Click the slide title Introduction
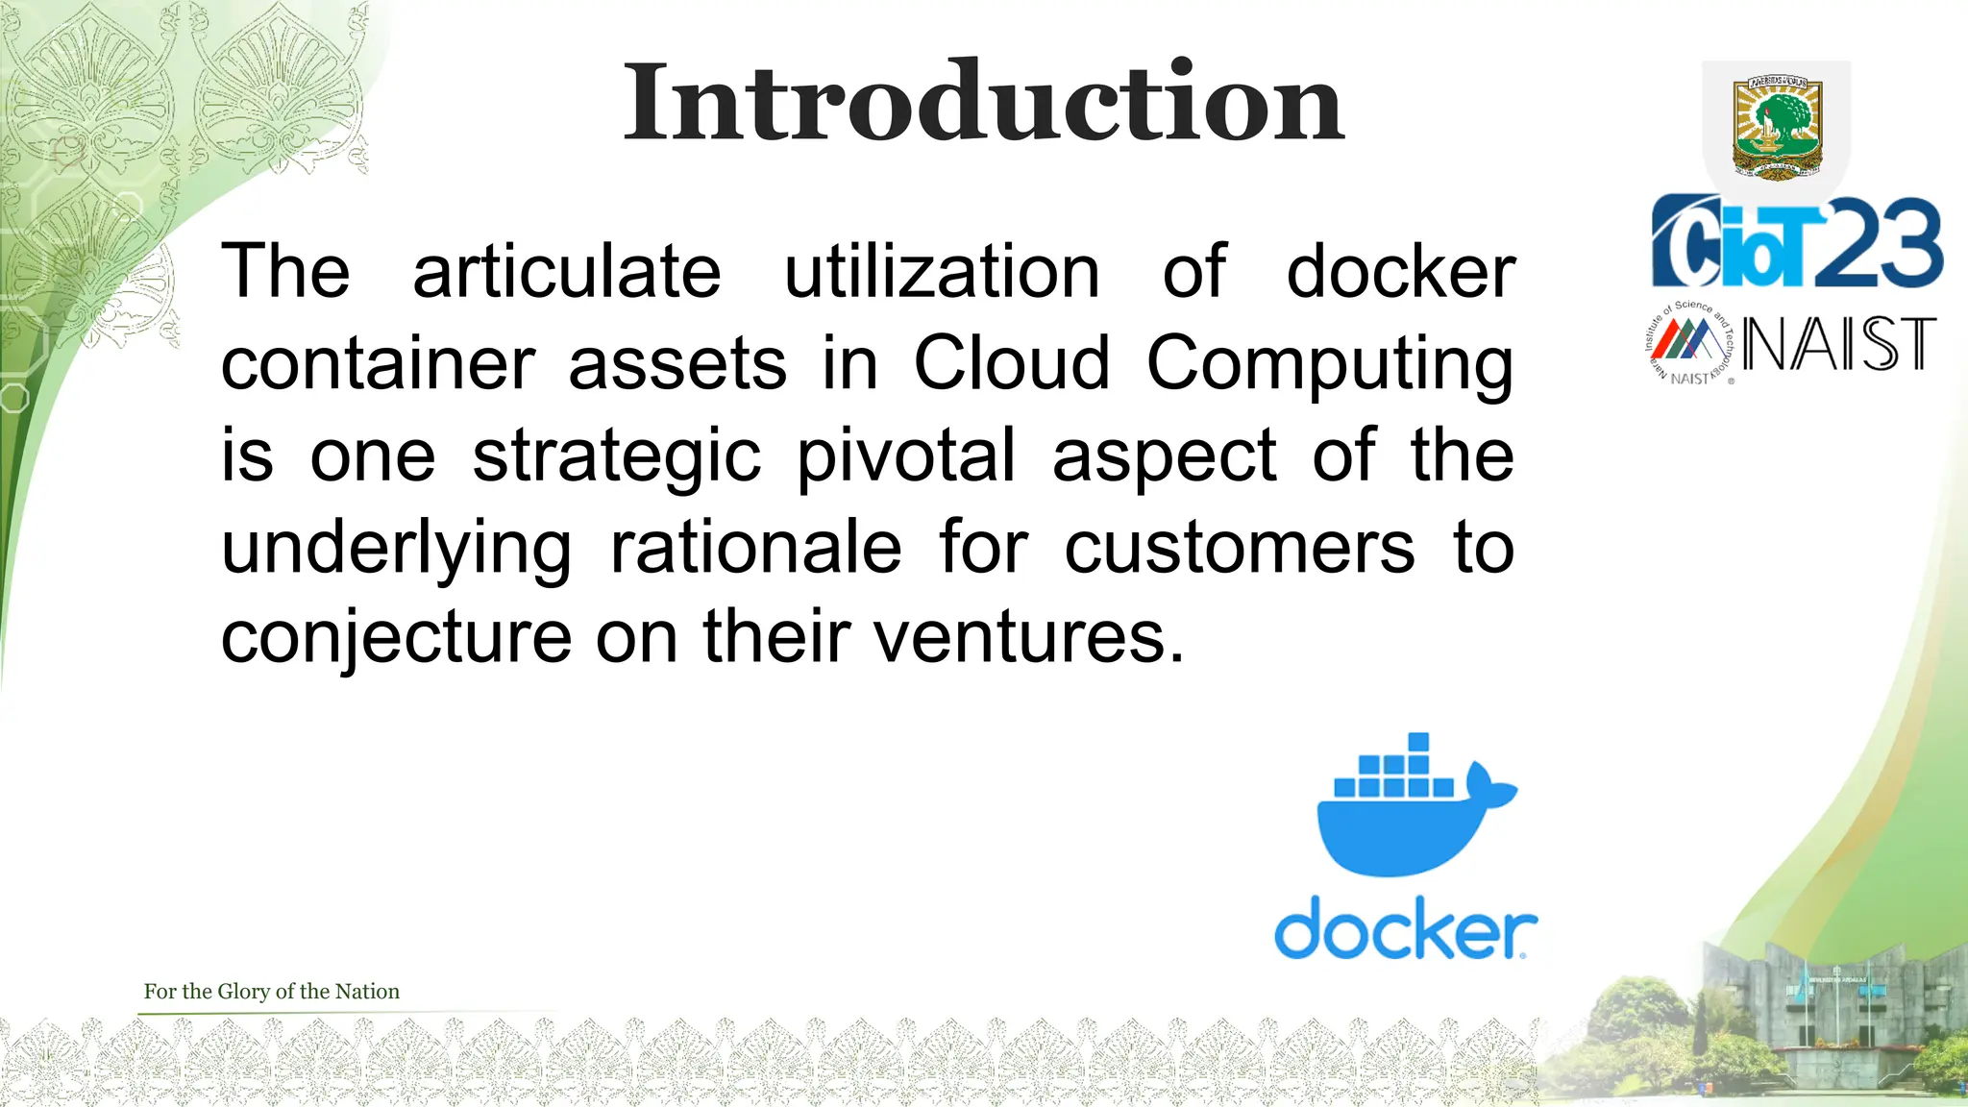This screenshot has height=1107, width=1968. (x=983, y=102)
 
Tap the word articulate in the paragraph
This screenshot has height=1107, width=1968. (x=567, y=272)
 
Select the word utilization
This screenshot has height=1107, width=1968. (x=942, y=272)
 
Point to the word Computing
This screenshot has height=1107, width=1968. (x=1330, y=365)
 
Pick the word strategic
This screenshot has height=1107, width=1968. (x=616, y=455)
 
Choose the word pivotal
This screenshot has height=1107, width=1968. (x=906, y=455)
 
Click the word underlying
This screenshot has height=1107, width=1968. (x=396, y=548)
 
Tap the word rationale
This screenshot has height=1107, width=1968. (x=756, y=548)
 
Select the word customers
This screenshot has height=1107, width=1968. (x=1240, y=548)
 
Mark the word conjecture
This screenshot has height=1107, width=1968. (x=396, y=638)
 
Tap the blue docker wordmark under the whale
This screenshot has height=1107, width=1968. (x=1405, y=927)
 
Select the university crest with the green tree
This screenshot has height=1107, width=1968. (x=1777, y=128)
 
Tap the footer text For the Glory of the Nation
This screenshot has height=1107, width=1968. (x=271, y=992)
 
